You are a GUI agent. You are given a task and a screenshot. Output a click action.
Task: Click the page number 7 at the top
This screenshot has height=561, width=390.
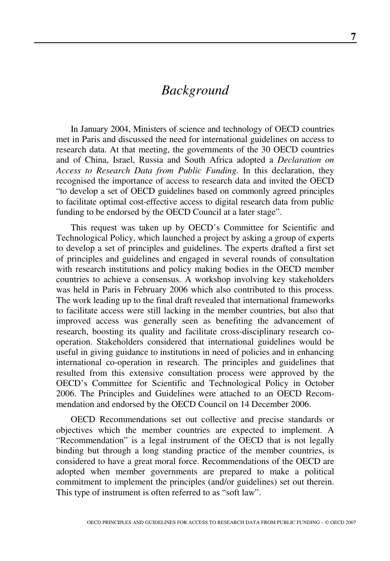pos(353,37)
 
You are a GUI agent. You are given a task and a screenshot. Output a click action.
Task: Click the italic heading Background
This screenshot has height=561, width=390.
pos(195,90)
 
